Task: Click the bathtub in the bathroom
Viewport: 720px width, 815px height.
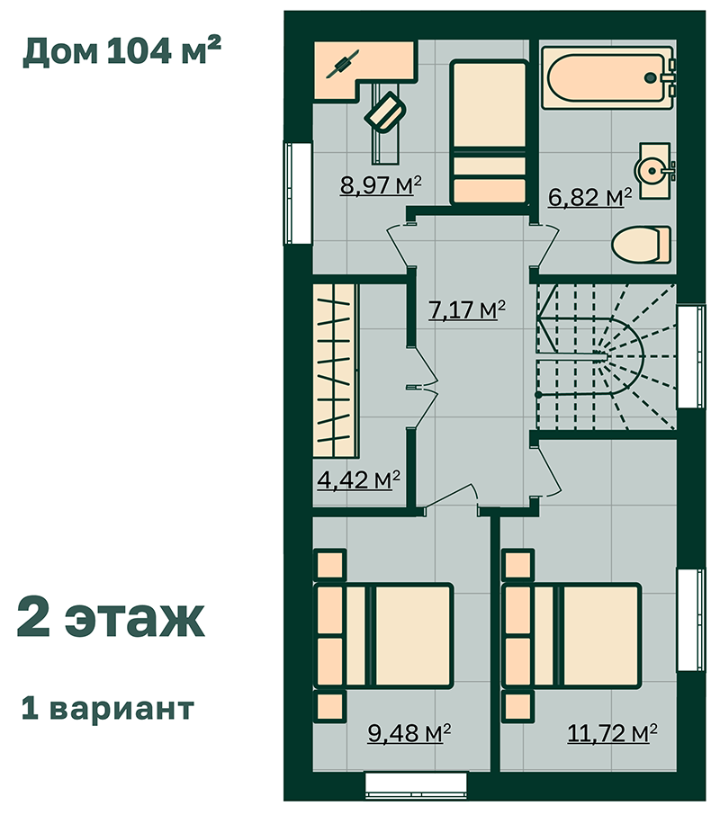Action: (x=607, y=78)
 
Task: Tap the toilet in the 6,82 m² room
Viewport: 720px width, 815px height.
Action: (x=642, y=245)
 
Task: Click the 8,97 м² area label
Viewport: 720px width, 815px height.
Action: (x=380, y=185)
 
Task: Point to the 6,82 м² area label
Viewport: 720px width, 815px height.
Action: (x=590, y=197)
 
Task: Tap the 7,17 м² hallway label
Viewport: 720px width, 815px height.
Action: (x=466, y=309)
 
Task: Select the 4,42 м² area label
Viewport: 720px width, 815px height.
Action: (x=358, y=479)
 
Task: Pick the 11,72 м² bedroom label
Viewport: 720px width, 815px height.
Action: (x=612, y=732)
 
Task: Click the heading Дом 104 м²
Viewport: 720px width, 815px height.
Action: (x=122, y=51)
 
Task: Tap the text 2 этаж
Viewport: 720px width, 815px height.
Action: (x=111, y=618)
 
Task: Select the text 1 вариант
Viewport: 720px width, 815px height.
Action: (x=108, y=708)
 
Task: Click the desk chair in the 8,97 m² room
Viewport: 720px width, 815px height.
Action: (x=385, y=112)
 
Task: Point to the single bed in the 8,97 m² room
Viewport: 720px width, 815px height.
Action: (x=490, y=132)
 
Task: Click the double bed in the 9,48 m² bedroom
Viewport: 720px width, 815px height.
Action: (x=383, y=636)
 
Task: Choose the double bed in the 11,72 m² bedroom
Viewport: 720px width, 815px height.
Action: (x=571, y=636)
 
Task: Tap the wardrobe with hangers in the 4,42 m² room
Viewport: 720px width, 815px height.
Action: (x=336, y=371)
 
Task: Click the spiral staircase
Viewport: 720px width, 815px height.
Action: (x=607, y=356)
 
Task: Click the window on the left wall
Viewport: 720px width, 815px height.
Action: (x=297, y=193)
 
